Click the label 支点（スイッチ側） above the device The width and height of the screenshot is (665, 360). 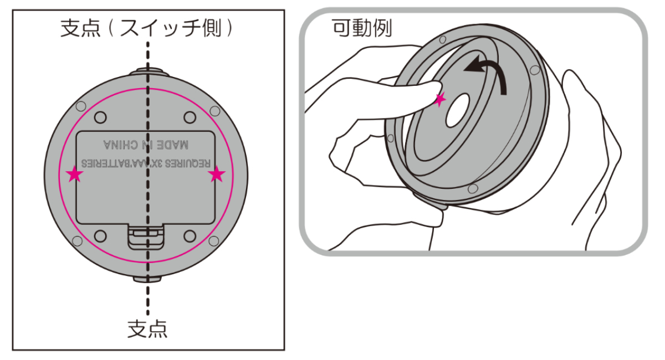[147, 28]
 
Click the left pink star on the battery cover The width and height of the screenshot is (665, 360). [74, 175]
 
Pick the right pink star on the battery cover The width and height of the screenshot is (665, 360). [217, 175]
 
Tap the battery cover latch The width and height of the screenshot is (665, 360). [146, 235]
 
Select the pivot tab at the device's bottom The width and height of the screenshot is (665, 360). [147, 278]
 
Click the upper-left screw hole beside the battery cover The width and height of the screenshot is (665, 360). [100, 117]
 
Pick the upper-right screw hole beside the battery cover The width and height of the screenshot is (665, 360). [190, 117]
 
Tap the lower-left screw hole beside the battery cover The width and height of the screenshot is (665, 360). [100, 236]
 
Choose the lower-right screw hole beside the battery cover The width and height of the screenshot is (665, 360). [190, 236]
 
